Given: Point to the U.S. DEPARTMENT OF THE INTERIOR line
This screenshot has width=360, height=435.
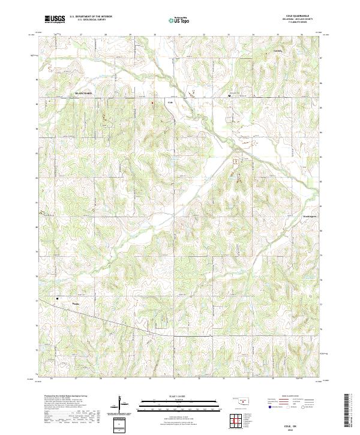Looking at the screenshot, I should click(91, 16).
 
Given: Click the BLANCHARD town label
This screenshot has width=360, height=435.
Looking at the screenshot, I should click(83, 94).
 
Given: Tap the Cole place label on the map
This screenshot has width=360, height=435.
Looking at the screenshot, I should click(170, 103).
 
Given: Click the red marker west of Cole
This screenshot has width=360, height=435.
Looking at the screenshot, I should click(152, 103).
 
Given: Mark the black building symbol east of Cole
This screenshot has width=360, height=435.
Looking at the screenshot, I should click(229, 95).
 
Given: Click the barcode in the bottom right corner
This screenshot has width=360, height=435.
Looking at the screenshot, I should click(347, 413).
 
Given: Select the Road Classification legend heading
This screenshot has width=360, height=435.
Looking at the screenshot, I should click(291, 397).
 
